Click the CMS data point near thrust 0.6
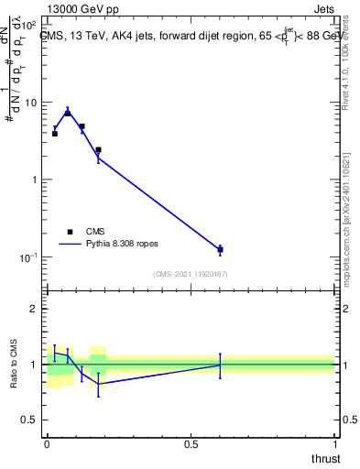tap(220, 249)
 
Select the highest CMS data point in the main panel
tap(68, 112)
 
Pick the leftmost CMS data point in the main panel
tap(54, 134)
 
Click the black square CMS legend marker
tap(70, 232)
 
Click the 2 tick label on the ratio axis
tap(35, 309)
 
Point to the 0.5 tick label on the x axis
tap(191, 444)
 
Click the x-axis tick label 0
tap(47, 444)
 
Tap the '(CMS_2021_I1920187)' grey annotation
tap(190, 274)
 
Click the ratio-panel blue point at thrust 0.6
tap(220, 365)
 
